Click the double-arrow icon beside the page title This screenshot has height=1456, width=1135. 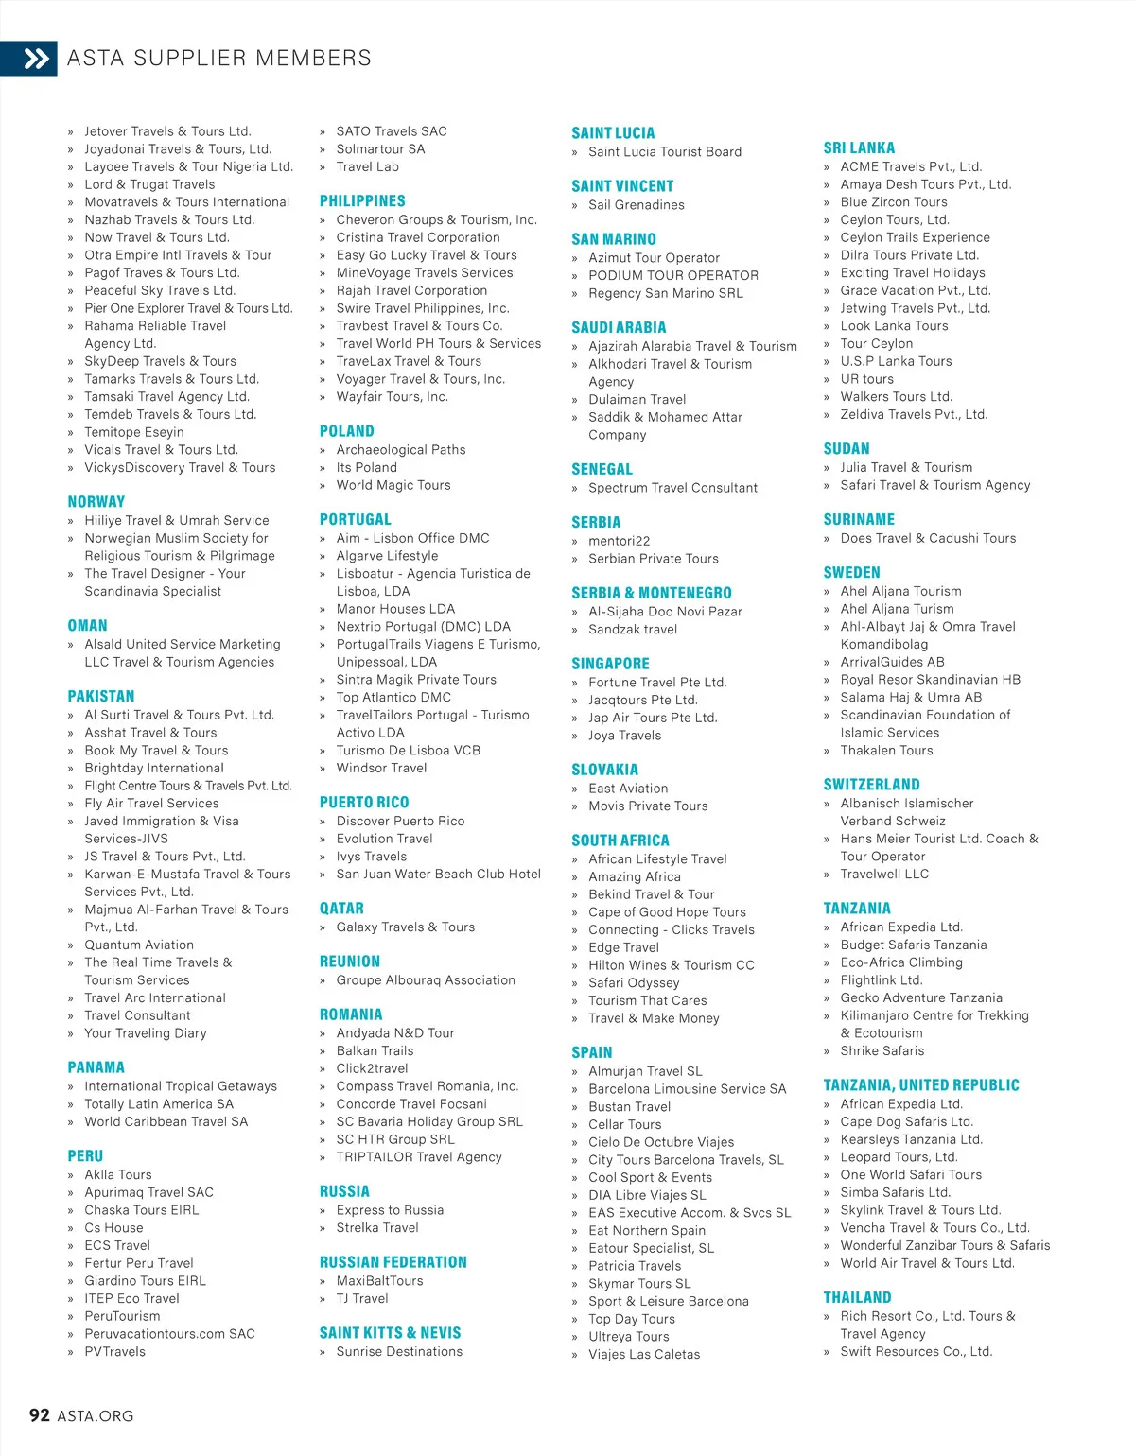point(36,59)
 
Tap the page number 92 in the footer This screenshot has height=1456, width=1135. point(40,1415)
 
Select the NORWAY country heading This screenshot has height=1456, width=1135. point(96,502)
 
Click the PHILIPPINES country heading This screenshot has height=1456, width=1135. point(362,201)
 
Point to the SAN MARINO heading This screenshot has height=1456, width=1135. point(614,239)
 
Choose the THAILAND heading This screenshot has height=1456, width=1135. point(858,1298)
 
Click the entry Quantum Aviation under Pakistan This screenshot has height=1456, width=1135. point(139,945)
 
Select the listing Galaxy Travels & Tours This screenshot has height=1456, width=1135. point(406,927)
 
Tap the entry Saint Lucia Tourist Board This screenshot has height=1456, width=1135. point(665,151)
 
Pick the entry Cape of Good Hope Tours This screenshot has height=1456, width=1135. point(667,912)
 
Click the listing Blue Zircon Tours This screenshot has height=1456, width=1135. point(894,202)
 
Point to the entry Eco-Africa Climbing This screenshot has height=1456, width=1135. point(901,962)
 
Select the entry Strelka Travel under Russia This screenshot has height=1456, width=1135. point(377,1228)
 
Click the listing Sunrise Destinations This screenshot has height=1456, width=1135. point(399,1352)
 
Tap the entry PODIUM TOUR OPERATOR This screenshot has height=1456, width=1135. point(673,275)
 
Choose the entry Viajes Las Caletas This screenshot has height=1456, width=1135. point(644,1354)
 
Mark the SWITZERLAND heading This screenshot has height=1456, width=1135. point(872,785)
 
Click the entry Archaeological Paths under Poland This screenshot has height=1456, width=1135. point(401,450)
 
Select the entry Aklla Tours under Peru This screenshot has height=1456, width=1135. point(118,1175)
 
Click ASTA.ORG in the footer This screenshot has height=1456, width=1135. point(96,1416)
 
